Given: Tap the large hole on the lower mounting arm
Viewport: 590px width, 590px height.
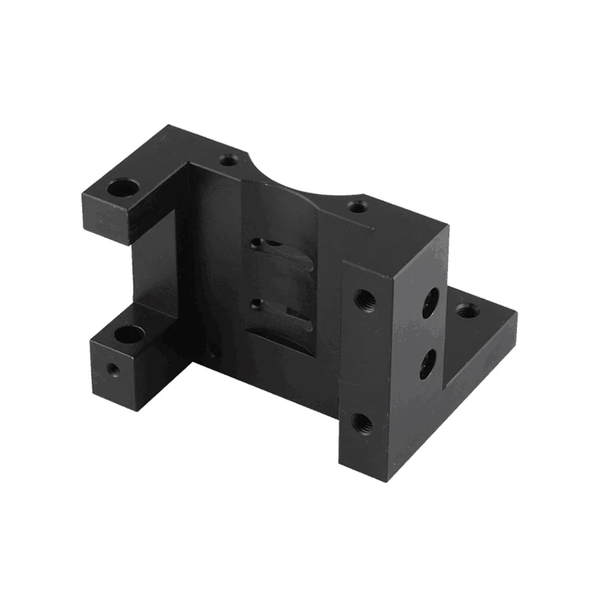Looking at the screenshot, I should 130,335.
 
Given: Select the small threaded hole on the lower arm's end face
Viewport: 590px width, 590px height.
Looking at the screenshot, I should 113,367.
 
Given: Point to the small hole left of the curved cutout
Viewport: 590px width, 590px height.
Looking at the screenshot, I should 229,159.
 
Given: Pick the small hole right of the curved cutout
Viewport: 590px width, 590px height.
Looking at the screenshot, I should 358,206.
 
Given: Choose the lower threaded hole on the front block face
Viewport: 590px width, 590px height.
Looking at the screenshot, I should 362,423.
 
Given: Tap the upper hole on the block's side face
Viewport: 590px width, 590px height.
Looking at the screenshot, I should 430,302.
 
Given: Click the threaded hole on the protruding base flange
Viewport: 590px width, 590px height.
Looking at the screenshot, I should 467,310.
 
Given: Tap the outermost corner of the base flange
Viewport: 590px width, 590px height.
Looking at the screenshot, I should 517,316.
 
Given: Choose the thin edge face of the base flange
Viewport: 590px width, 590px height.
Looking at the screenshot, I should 479,353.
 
